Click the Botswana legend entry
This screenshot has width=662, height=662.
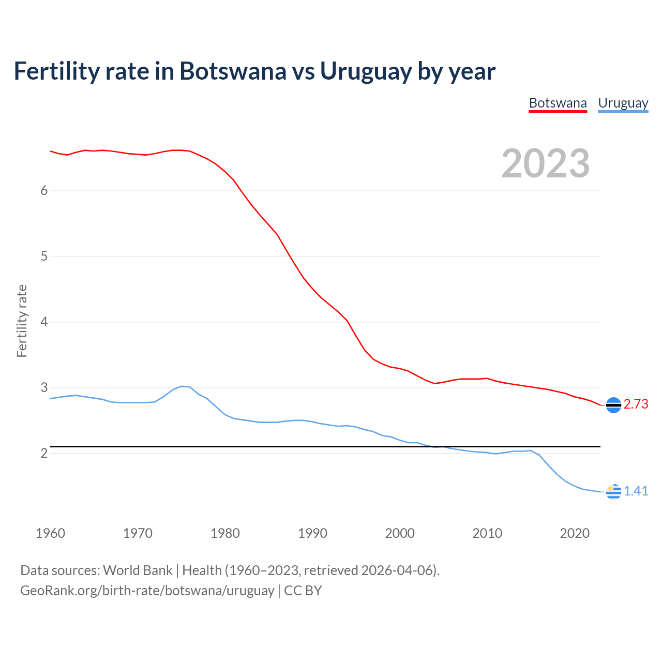point(558,103)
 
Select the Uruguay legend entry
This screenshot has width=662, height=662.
point(623,103)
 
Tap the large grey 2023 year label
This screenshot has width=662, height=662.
point(546,163)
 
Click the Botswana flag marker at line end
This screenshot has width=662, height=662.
point(613,405)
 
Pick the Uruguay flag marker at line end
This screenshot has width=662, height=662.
point(613,491)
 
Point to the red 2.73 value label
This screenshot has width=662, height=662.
point(636,404)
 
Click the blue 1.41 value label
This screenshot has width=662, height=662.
point(636,491)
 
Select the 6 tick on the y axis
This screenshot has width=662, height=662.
point(44,190)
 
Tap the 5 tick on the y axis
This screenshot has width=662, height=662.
point(44,256)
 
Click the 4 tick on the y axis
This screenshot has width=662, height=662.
point(44,322)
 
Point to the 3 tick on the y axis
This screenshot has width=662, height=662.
point(44,387)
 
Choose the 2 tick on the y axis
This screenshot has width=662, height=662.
point(44,453)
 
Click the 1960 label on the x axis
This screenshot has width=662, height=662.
point(50,533)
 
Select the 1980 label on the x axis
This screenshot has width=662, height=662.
point(225,533)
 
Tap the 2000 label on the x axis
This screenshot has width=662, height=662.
point(400,533)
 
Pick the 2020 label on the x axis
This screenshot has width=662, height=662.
point(575,533)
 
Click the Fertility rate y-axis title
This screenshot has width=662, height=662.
point(22,321)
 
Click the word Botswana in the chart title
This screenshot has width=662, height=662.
point(232,71)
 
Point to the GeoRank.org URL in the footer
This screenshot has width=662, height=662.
point(147,590)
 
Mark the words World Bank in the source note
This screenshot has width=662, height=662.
point(138,570)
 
